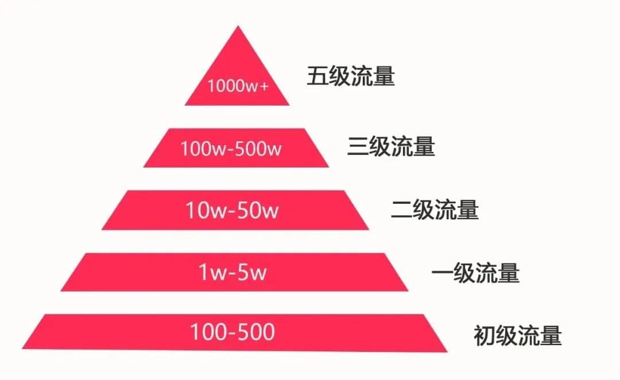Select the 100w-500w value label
pos(231,148)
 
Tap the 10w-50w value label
pos(231,211)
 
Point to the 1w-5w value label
pos(232,272)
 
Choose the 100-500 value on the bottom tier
pos(232,332)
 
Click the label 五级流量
pos(351,76)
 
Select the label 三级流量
pos(391,147)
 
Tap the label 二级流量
pos(435,210)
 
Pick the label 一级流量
pos(475,273)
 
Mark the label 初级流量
pos(517,335)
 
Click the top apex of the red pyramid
pos(237,27)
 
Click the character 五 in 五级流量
pos(317,76)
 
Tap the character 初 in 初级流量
pos(484,335)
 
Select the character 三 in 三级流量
pos(358,147)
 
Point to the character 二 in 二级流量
pos(401,210)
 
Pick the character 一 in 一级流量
pos(442,273)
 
